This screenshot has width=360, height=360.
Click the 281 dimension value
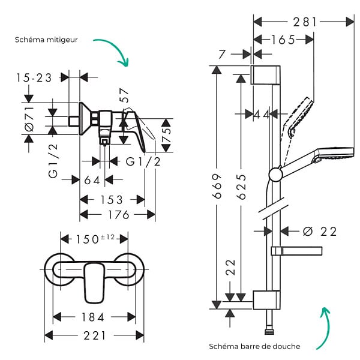point(305,22)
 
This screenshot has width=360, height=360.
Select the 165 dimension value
point(283,40)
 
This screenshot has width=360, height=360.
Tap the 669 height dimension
point(217,186)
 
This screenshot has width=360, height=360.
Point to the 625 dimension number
point(242,187)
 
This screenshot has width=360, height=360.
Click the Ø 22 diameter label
point(320,231)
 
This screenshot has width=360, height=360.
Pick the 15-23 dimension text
point(34,78)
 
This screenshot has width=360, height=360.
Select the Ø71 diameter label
point(29,119)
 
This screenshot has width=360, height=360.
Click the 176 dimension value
point(118,215)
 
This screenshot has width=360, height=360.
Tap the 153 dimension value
point(112,200)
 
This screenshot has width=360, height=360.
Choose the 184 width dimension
point(93,317)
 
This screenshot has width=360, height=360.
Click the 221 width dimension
point(95,335)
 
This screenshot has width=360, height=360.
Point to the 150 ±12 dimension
point(95,239)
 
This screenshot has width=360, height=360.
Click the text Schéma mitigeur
point(46,40)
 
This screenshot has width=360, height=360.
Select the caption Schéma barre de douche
point(254,346)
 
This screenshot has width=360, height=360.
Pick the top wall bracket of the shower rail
point(265,75)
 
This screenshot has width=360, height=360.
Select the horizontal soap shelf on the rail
point(296,251)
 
